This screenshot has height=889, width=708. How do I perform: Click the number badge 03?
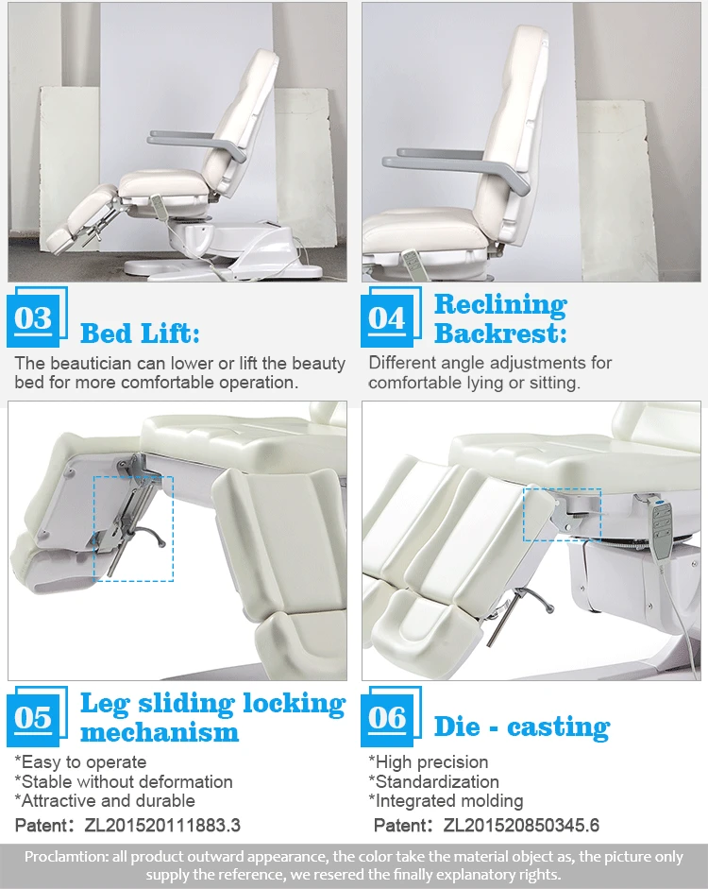[33, 318]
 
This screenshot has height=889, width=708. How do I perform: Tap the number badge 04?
[387, 318]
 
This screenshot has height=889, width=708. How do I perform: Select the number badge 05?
[33, 717]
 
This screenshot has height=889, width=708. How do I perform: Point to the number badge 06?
[387, 717]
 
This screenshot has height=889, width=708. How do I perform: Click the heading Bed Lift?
[140, 333]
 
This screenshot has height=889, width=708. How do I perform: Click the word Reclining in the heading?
[500, 304]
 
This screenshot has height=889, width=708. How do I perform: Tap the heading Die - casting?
[521, 727]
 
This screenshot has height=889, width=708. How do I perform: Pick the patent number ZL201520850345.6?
[521, 825]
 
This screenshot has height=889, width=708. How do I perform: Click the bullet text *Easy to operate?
[80, 761]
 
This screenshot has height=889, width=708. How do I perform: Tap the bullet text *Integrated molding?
[446, 801]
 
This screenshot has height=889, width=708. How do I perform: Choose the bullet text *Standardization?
[433, 781]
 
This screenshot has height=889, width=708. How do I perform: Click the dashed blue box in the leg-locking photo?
[133, 528]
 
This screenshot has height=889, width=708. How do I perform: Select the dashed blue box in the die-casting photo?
[562, 515]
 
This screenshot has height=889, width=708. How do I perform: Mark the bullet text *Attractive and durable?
[105, 801]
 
